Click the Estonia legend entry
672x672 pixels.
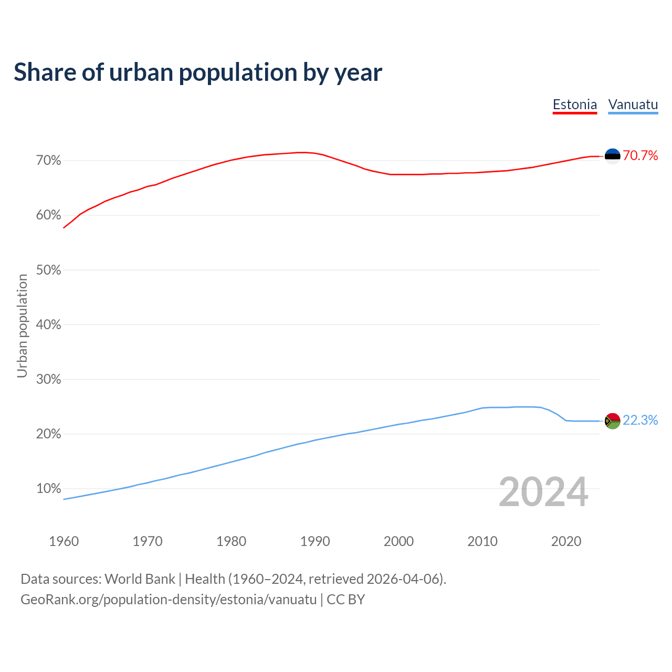575,104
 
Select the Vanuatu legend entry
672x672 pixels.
633,104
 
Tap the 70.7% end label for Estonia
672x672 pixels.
640,155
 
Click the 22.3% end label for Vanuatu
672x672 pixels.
640,421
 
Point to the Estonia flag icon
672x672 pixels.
612,156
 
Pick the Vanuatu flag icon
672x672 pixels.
612,421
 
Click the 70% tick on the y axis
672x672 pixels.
48,161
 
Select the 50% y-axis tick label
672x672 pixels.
48,270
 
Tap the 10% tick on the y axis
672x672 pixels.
48,489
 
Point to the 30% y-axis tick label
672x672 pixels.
48,380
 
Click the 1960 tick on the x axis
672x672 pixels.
64,541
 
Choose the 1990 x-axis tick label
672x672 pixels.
315,541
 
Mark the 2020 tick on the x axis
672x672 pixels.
566,541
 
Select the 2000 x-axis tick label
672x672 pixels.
398,541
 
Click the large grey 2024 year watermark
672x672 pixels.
543,492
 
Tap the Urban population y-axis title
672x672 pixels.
22,325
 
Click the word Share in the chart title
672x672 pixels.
45,72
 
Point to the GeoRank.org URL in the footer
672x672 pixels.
169,600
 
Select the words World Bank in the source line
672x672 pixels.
140,579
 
